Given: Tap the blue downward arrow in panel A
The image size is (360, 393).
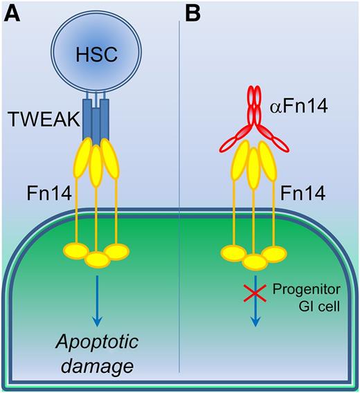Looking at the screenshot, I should [97, 298].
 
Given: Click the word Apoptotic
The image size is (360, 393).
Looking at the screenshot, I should [97, 342].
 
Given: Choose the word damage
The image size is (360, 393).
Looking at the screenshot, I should [97, 366].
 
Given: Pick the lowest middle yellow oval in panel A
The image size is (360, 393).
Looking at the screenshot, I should [97, 258].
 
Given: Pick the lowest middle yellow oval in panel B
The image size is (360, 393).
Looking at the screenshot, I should [255, 260].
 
